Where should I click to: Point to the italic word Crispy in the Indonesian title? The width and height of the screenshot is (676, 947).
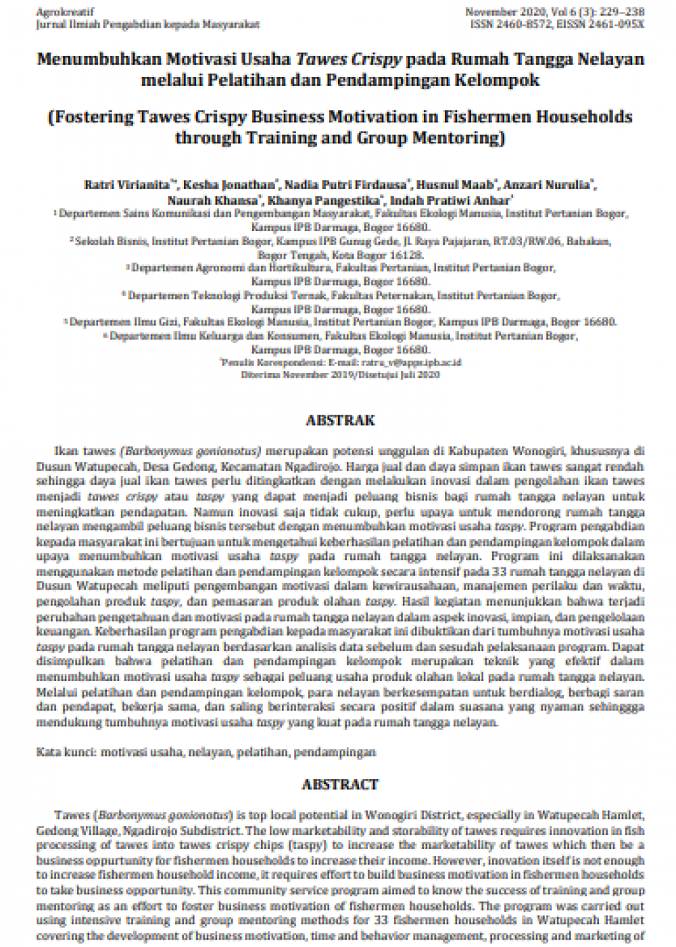pos(377,59)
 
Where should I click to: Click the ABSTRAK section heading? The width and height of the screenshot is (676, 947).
pos(340,420)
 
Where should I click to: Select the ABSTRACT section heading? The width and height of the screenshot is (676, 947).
pos(339,784)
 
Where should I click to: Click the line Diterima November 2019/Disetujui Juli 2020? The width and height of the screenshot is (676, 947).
pos(340,374)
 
